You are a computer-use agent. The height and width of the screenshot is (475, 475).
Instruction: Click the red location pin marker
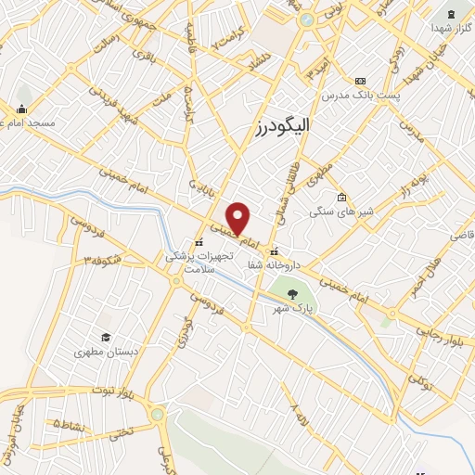click(238, 218)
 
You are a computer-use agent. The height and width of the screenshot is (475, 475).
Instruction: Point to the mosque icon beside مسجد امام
click(22, 108)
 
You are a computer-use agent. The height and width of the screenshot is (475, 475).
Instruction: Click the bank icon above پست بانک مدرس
click(360, 81)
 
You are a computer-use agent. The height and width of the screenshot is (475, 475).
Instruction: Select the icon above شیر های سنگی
click(341, 197)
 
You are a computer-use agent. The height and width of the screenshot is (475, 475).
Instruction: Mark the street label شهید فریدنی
click(120, 109)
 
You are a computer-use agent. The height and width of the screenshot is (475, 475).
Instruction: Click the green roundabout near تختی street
click(158, 414)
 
